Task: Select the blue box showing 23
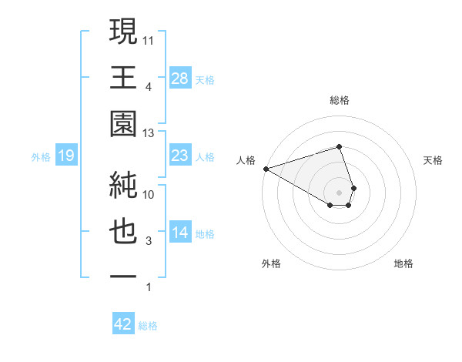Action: (x=179, y=156)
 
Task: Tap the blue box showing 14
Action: (x=179, y=233)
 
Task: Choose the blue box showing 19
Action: (x=65, y=156)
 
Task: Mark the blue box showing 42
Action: (x=123, y=324)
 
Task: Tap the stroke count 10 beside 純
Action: (x=149, y=194)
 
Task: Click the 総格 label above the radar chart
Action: (x=339, y=100)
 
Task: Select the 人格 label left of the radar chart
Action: (x=246, y=160)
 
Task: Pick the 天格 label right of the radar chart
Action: (x=433, y=160)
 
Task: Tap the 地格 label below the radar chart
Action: (x=403, y=263)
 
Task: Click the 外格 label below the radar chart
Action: (x=271, y=263)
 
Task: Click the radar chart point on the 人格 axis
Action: (x=266, y=168)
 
